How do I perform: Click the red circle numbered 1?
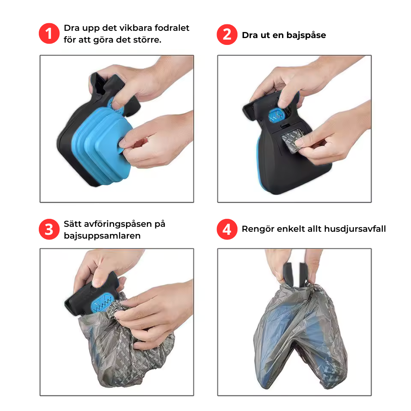point(49,33)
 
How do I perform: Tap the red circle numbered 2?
point(227,35)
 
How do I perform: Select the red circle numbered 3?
point(49,229)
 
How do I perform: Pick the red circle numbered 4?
point(227,229)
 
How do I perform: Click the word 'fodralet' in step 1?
point(172,28)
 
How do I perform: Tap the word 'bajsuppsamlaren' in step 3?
point(102,236)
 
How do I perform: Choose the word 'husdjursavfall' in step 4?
point(355,229)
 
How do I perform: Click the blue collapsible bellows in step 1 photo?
point(101,145)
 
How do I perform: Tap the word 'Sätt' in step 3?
point(72,224)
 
